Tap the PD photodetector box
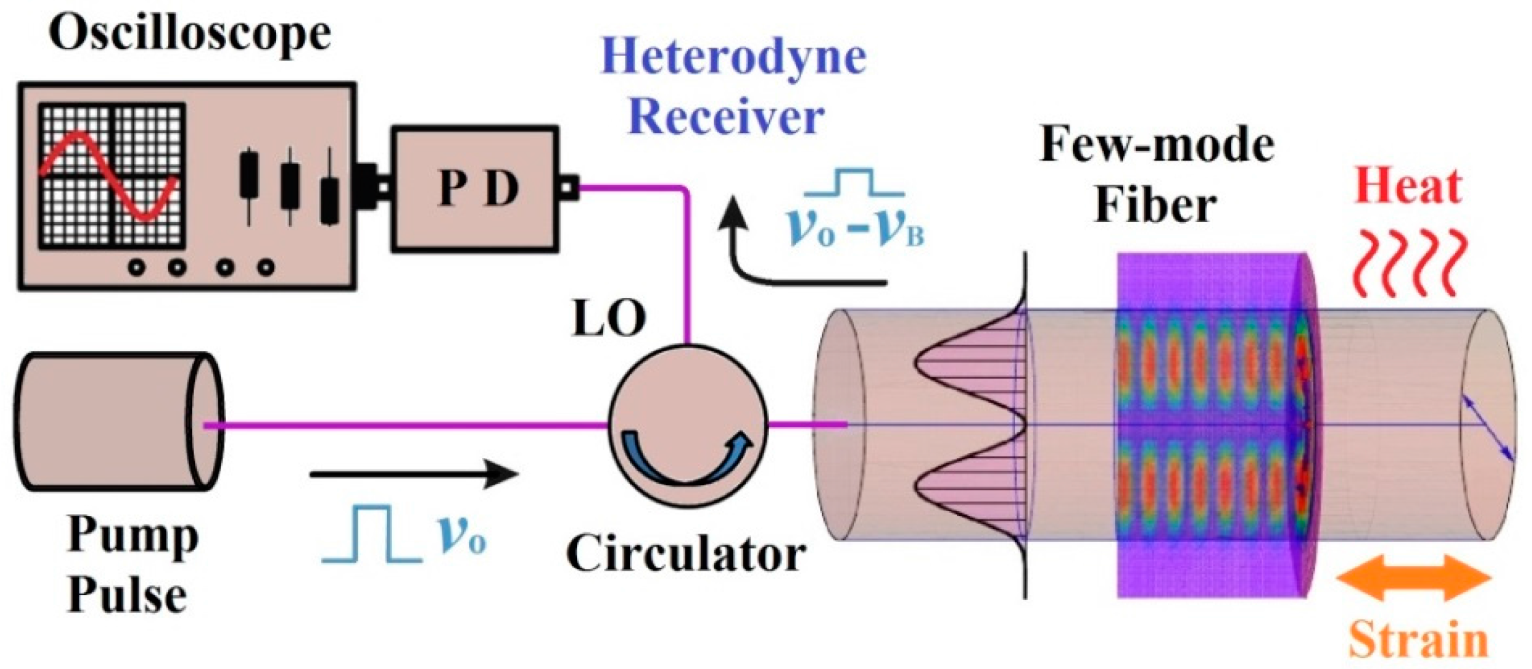(x=476, y=187)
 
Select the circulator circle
(x=687, y=425)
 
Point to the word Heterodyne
(x=733, y=56)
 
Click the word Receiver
(x=726, y=117)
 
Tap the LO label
(x=608, y=318)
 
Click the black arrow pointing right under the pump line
(x=414, y=474)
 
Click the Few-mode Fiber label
(x=1157, y=175)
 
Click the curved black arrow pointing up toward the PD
(x=785, y=253)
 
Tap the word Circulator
(x=685, y=554)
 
